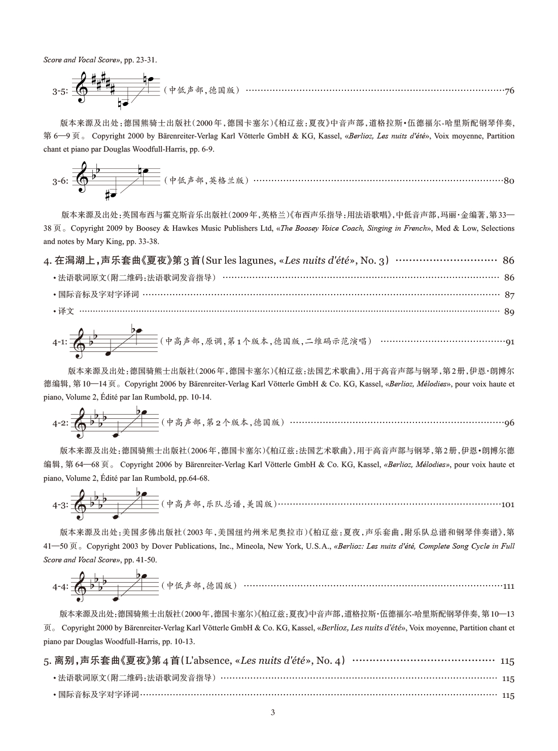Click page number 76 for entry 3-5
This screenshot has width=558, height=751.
509,91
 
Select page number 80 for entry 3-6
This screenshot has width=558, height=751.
509,181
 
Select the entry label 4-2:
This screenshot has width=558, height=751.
59,423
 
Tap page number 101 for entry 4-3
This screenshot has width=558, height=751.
508,505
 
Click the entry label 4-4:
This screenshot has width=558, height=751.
59,587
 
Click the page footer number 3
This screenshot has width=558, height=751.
273,712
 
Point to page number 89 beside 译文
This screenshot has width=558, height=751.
509,312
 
